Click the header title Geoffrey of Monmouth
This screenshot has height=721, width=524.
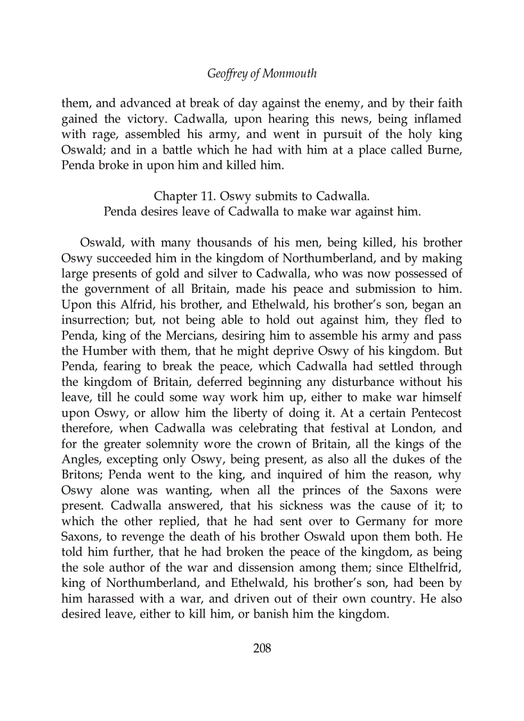click(262, 74)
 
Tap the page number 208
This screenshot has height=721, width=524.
click(262, 648)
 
